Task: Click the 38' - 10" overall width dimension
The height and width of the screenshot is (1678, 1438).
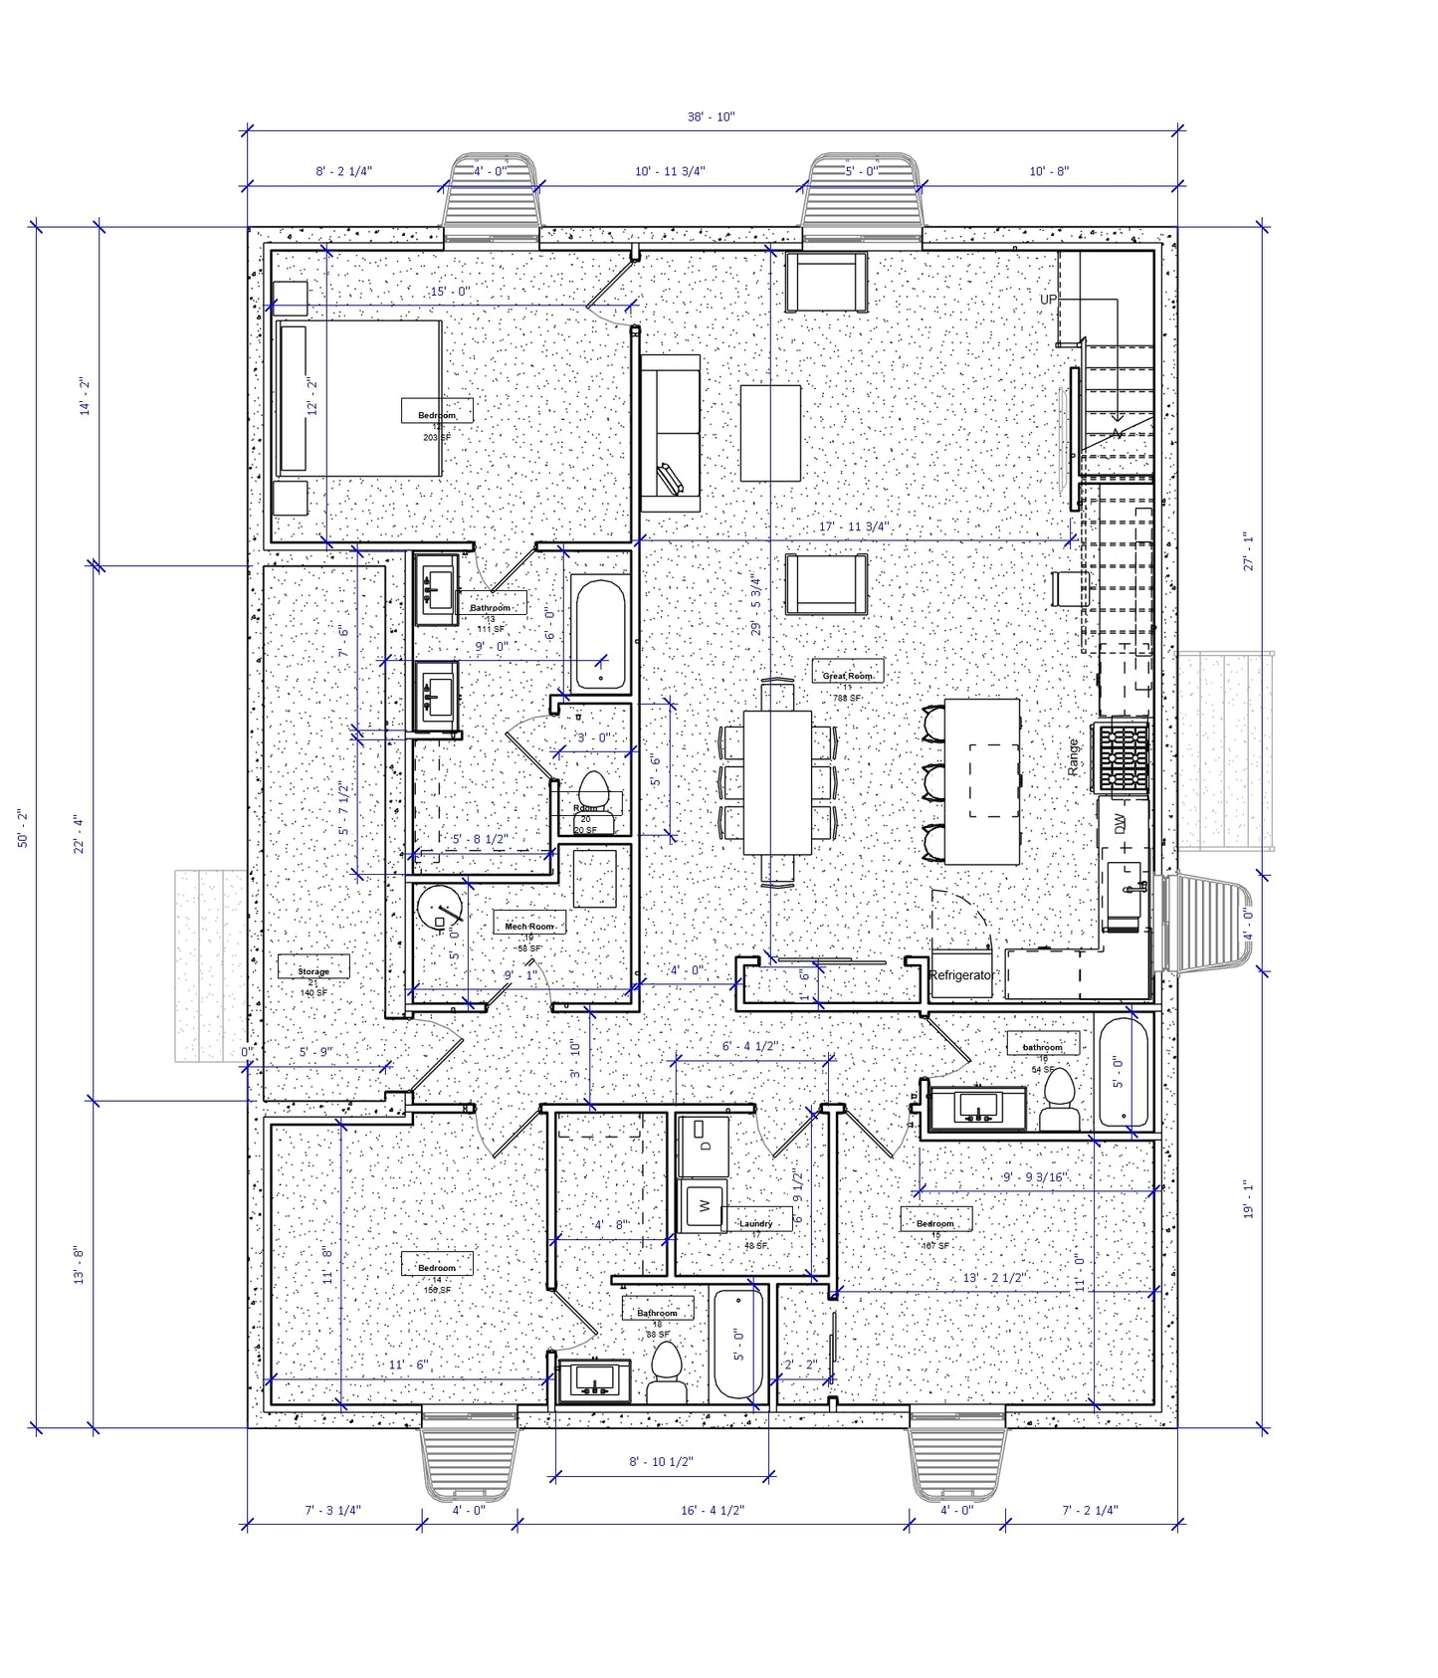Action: [711, 116]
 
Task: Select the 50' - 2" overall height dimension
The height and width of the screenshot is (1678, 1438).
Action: [23, 827]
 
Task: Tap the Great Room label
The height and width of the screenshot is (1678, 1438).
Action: [847, 675]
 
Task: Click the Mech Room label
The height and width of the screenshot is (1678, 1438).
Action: [528, 926]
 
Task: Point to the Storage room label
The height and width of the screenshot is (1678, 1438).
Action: [312, 970]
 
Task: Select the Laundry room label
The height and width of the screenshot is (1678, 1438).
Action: [755, 1223]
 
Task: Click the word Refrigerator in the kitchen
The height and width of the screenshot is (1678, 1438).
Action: [960, 975]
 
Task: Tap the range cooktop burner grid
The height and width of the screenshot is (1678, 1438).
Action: [1124, 756]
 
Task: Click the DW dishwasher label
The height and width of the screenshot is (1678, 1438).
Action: [1120, 824]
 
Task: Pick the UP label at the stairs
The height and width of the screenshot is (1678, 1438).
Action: [1048, 300]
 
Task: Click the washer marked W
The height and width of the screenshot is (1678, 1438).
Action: [704, 1206]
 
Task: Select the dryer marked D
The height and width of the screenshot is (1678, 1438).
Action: [704, 1147]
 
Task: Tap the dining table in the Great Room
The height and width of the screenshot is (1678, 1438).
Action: [777, 782]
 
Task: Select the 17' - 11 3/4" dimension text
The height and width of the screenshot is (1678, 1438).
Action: [853, 526]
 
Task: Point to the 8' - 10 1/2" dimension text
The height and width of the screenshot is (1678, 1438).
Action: [661, 1461]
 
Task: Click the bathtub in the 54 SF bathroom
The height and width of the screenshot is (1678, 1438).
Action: [1123, 1072]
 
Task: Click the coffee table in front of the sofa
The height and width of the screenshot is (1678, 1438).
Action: [770, 432]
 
